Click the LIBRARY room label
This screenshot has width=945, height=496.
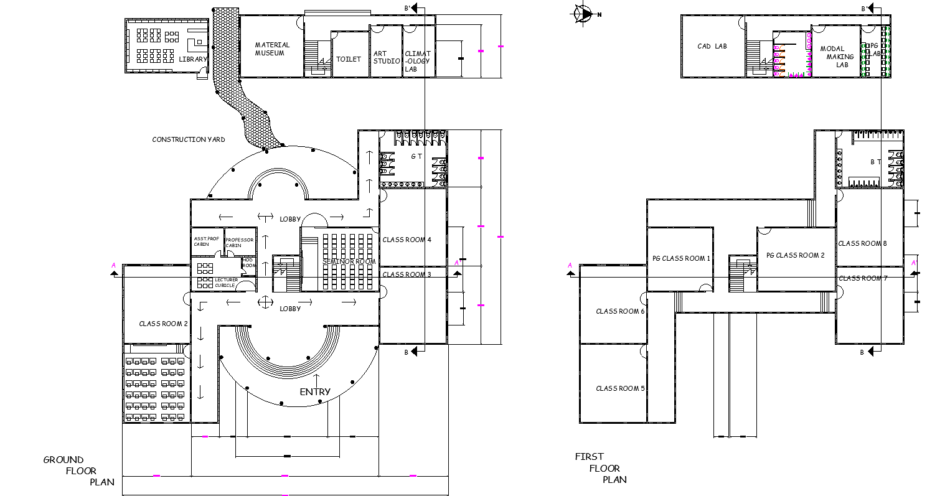(x=192, y=59)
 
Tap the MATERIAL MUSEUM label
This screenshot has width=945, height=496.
(x=272, y=49)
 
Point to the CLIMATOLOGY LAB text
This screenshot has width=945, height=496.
(x=417, y=61)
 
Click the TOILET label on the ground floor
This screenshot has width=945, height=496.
(x=349, y=59)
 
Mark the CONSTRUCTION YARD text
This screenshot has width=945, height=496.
(x=189, y=139)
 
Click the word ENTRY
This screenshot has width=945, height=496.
(x=315, y=391)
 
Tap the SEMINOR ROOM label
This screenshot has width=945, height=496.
(x=349, y=261)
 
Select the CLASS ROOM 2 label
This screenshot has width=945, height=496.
(x=163, y=324)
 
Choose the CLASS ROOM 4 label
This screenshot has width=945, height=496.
(x=407, y=240)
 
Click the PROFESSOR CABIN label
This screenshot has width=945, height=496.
(x=239, y=242)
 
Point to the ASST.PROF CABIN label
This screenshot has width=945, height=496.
(x=205, y=241)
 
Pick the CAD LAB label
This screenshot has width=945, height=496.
(x=712, y=46)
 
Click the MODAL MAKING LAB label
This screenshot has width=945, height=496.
(x=836, y=57)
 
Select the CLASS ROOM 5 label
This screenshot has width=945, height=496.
(x=620, y=388)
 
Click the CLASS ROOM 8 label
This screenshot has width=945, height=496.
(x=862, y=243)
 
